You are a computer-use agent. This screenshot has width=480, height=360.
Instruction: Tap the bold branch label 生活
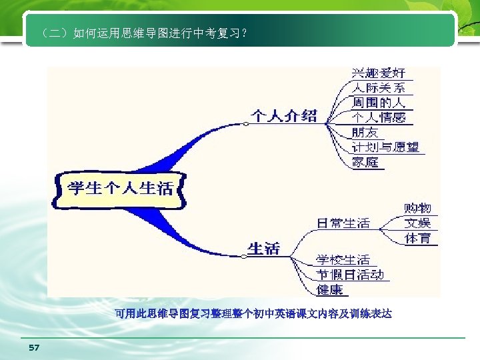coord(264,248)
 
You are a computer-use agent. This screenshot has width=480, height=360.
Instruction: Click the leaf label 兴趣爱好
coord(379,73)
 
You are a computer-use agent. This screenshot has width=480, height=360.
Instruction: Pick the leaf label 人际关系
coord(379,87)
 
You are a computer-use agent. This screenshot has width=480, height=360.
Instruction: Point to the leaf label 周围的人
coord(379,102)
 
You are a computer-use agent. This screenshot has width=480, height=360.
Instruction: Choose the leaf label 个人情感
coord(379,117)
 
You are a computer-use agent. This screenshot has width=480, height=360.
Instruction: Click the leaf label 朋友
coord(365,131)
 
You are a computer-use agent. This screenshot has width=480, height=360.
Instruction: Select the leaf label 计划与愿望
coord(385,147)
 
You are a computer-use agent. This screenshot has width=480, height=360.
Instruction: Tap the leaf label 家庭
coord(365,161)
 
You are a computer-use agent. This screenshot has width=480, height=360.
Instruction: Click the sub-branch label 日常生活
coord(343,223)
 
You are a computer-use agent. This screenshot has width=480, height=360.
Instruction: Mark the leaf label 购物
coord(418,209)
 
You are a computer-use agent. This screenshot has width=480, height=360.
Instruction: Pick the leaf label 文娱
coord(418,223)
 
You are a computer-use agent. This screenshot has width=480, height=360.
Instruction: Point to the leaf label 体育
coord(418,239)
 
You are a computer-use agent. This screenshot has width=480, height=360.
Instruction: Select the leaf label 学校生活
coord(343,259)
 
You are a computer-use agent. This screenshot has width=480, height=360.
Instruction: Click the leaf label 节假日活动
coord(350,274)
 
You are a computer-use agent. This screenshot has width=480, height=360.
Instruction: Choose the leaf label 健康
coord(329,289)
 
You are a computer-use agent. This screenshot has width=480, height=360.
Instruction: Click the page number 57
coord(35,348)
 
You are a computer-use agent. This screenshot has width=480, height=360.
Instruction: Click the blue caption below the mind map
coord(253,313)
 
